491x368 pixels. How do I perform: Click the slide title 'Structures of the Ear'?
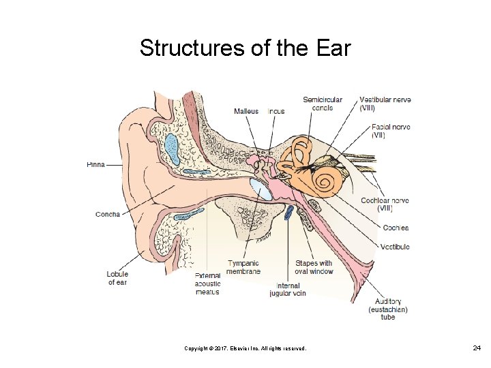245,48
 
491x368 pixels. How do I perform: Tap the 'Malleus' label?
246,111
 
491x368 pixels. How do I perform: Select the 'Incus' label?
276,111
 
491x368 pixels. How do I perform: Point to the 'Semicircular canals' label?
322,104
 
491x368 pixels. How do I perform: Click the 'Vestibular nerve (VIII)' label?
385,104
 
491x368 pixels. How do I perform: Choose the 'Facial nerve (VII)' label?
391,131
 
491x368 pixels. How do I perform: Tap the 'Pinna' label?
95,164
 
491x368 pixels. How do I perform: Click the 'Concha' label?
107,214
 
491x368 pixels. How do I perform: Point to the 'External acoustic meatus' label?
207,283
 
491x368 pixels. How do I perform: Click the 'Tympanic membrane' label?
243,267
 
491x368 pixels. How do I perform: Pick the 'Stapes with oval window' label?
314,267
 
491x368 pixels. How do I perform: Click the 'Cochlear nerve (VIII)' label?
385,204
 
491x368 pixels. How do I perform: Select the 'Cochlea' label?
396,228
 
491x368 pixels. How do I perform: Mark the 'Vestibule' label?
394,247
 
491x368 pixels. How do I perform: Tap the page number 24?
477,348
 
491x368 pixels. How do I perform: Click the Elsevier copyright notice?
245,349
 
